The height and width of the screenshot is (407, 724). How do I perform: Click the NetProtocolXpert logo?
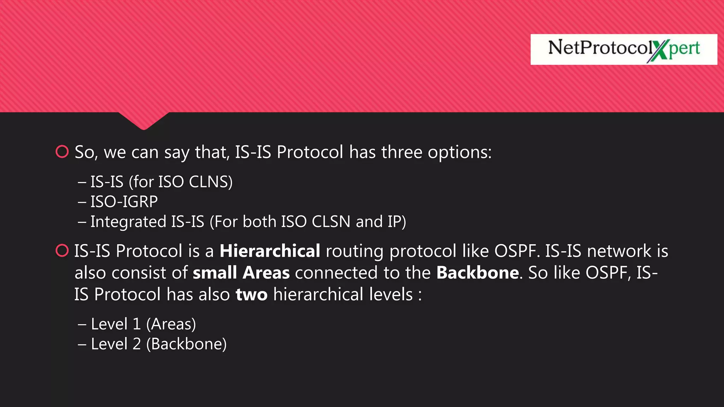click(x=624, y=49)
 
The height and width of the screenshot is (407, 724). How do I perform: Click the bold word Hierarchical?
click(x=270, y=251)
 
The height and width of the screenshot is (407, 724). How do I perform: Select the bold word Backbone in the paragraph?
click(x=477, y=273)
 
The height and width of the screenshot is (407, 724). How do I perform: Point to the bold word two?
click(x=251, y=295)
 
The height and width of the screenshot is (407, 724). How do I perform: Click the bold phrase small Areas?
click(x=241, y=273)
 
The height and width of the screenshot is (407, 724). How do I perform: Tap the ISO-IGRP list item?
click(x=124, y=202)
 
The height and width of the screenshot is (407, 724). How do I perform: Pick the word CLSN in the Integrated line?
click(x=331, y=222)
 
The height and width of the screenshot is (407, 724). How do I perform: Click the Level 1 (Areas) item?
click(x=143, y=324)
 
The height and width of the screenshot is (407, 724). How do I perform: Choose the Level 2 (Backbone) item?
click(x=158, y=344)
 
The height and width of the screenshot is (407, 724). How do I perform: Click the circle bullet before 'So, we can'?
click(x=62, y=152)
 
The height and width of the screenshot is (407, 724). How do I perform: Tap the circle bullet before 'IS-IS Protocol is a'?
click(x=62, y=250)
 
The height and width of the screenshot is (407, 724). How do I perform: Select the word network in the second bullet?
click(x=619, y=251)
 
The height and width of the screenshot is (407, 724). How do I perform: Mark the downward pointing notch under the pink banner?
click(x=144, y=122)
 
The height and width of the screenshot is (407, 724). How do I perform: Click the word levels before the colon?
click(x=391, y=295)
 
